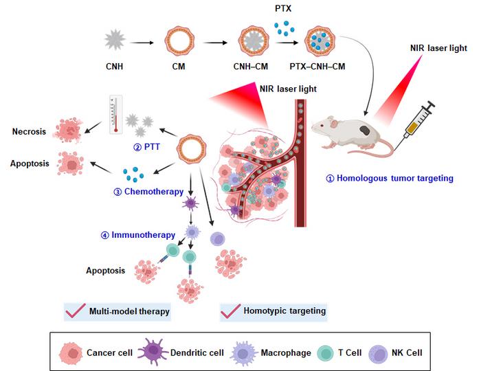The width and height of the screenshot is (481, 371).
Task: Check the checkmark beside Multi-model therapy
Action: [74, 313]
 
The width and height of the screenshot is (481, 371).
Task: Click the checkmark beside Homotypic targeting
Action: [230, 313]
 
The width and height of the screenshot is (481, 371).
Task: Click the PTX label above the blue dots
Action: [282, 9]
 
